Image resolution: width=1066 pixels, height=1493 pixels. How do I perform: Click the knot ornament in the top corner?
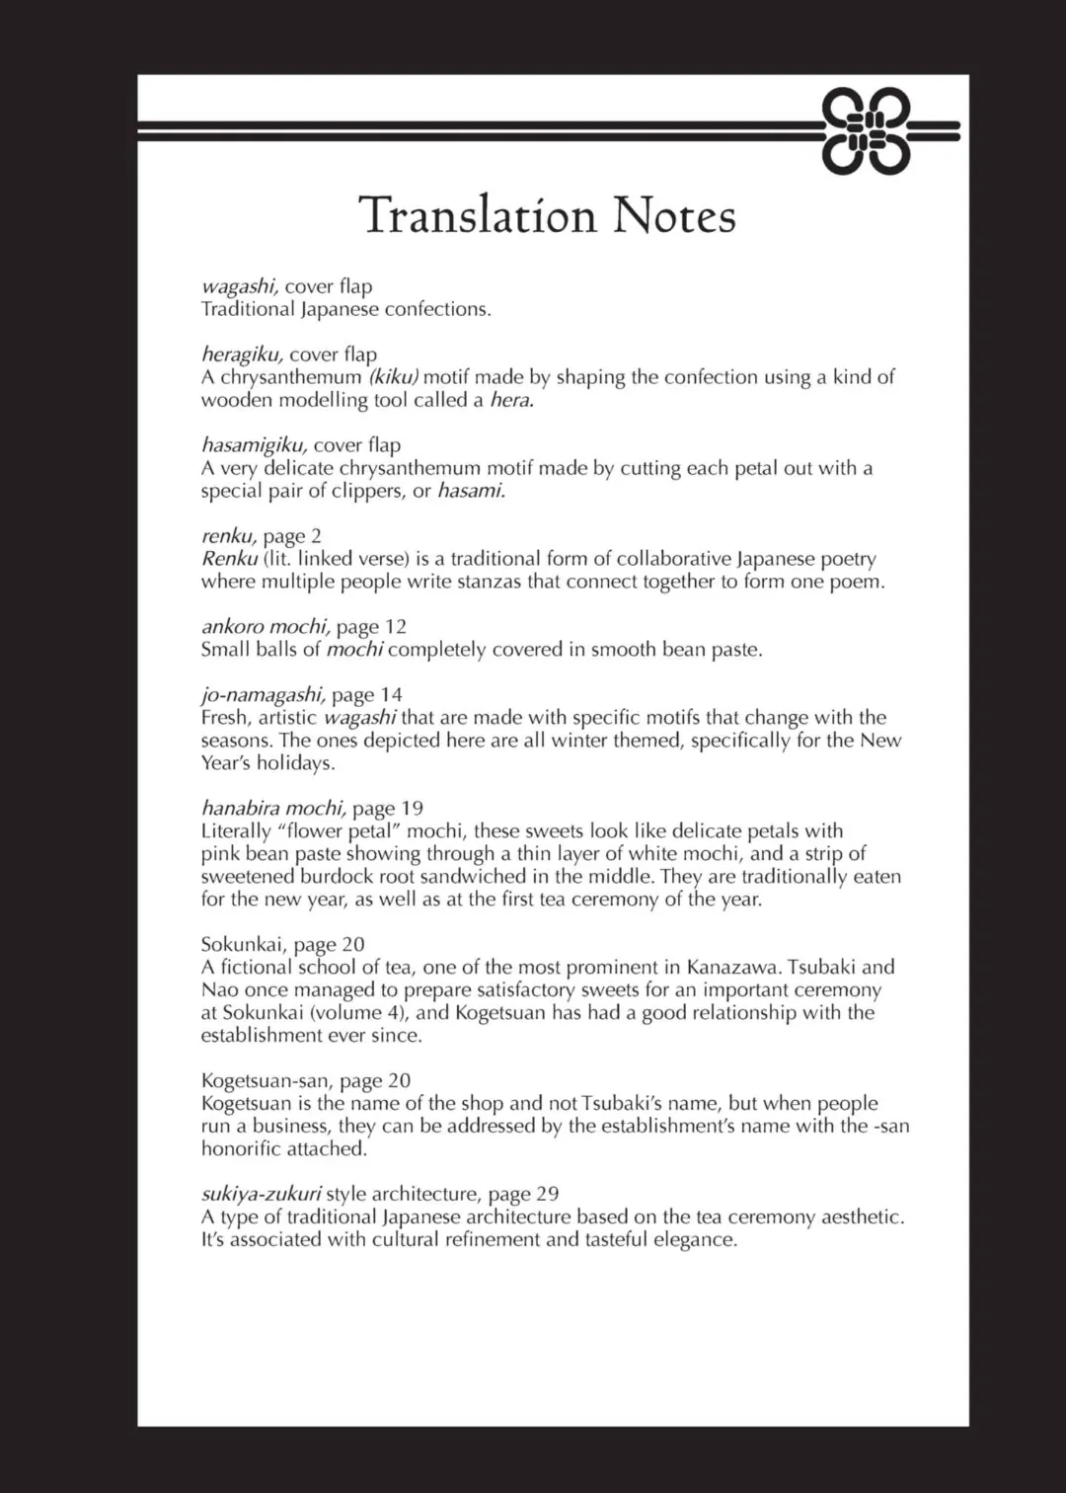coord(866,131)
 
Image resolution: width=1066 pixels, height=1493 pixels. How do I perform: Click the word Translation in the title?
coord(478,215)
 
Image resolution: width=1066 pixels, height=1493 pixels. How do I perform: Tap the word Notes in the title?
coord(674,215)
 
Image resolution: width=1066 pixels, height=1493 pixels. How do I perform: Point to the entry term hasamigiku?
coord(254,445)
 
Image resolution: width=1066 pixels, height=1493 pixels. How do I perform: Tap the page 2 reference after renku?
coord(292,536)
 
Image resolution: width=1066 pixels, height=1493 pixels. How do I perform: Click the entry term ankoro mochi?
coord(265,627)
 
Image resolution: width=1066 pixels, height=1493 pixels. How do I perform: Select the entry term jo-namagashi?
coord(263,695)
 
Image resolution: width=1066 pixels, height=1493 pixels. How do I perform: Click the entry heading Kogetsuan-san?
coord(264,1081)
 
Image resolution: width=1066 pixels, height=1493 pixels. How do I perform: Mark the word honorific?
coord(241,1149)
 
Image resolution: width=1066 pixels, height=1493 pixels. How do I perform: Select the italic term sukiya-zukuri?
coord(261,1195)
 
